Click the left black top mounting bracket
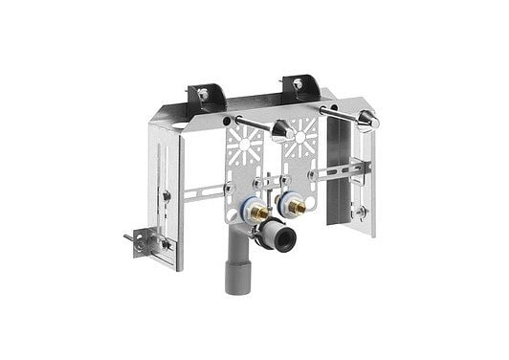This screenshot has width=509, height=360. pos(209,95)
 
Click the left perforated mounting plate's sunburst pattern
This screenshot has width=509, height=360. pos(246,145)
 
